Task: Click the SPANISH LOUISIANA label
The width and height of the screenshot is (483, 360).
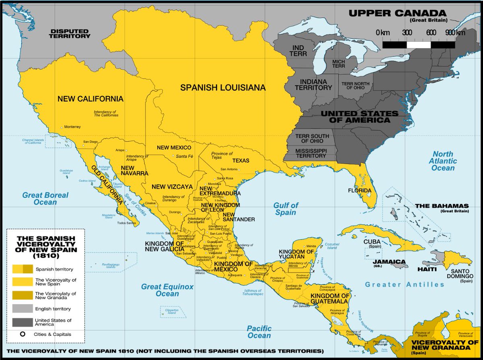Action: coord(223,87)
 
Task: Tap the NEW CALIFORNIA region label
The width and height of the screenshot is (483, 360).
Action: coord(90,99)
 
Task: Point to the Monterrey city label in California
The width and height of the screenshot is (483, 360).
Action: coord(72,127)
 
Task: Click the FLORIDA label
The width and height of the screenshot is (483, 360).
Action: coord(360,190)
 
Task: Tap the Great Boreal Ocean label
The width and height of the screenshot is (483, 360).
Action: coord(45,199)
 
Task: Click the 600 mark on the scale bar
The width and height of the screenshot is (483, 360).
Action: coord(431,33)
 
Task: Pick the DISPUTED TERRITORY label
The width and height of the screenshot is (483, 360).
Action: coord(70,33)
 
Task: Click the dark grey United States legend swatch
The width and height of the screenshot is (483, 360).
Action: coord(23,322)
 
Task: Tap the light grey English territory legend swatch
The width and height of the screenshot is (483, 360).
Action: coord(23,309)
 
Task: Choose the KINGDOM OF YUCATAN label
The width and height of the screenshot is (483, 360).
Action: coord(296,254)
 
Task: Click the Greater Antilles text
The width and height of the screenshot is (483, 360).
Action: coord(405,285)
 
